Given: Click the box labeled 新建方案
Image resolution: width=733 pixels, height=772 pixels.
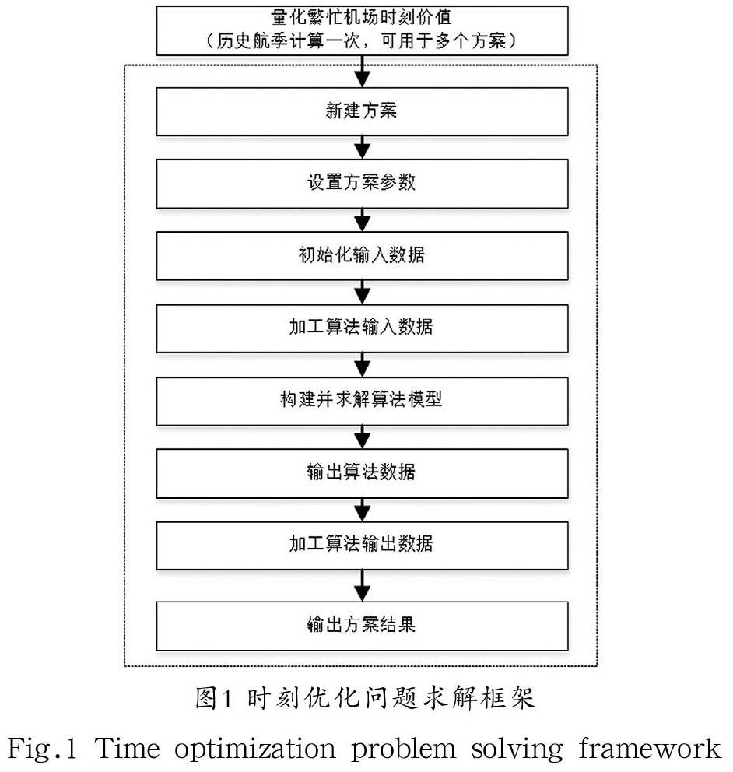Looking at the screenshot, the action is click(x=361, y=111).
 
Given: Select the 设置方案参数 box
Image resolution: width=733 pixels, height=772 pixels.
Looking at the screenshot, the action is click(x=361, y=183).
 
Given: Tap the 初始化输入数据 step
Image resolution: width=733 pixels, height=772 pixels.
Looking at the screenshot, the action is click(x=361, y=254).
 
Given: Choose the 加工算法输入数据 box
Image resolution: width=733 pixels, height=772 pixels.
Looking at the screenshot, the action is click(x=361, y=327).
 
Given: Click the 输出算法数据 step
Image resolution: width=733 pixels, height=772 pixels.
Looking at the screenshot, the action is click(x=361, y=472).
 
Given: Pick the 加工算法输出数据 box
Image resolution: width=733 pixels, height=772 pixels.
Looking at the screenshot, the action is click(x=361, y=543).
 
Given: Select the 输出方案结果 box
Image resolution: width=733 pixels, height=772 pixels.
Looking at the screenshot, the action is click(x=361, y=624).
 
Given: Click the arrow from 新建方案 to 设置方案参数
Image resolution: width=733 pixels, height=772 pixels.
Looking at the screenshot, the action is click(x=362, y=147).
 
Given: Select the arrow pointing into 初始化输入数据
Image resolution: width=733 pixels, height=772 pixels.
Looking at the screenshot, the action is click(x=362, y=219).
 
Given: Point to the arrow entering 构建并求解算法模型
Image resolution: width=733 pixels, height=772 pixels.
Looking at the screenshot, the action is click(x=362, y=363).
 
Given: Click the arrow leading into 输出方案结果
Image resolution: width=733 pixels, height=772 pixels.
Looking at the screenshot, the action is click(x=362, y=584).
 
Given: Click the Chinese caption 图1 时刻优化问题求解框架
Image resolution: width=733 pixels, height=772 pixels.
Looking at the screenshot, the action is click(x=365, y=698).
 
